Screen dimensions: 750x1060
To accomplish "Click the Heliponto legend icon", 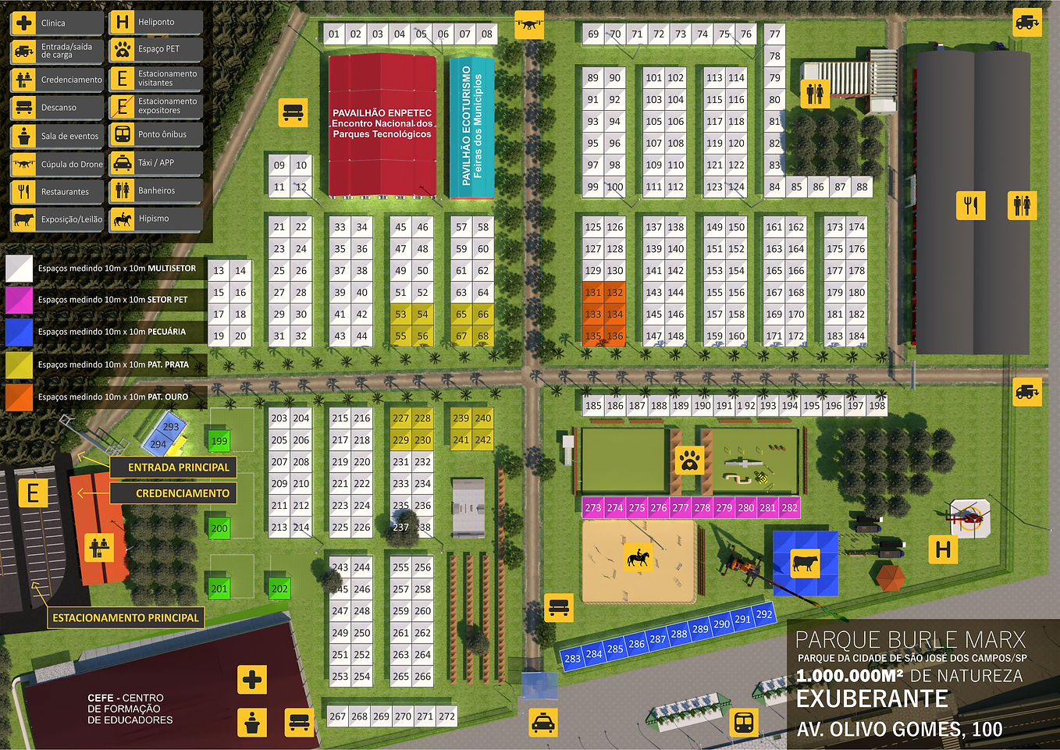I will tap(122, 22).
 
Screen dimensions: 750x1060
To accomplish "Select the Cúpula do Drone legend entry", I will tap(57, 164).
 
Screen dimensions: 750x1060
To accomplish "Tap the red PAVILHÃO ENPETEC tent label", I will tap(382, 123).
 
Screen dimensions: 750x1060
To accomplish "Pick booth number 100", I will tap(615, 187).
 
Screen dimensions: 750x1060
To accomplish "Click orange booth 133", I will tap(593, 315).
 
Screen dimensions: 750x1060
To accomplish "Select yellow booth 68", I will tap(483, 336).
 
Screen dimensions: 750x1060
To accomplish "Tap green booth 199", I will tap(219, 440).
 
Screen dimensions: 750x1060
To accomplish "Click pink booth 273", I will tap(593, 507).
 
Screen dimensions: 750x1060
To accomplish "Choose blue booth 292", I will tap(764, 614).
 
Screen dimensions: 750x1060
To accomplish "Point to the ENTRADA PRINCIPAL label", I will tap(178, 467).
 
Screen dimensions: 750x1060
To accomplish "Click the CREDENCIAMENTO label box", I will tap(182, 493).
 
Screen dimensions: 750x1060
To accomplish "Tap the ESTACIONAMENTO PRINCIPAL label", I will tap(125, 617).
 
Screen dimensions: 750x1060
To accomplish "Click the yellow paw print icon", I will tap(689, 460).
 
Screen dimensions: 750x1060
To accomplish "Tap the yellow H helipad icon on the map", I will tap(943, 549).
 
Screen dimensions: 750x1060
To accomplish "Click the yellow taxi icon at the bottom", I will tap(542, 723).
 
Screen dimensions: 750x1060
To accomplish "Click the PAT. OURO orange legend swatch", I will tap(20, 396).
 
